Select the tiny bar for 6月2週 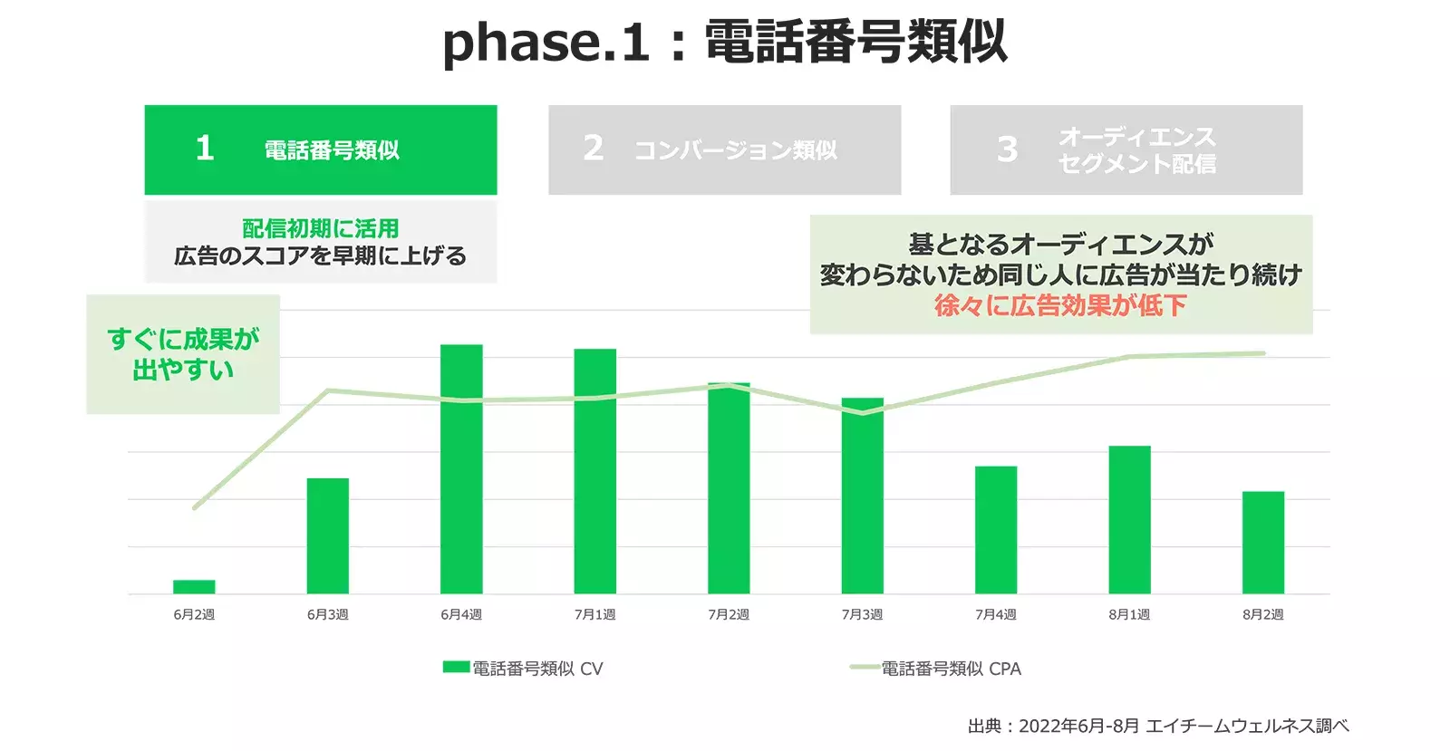(194, 587)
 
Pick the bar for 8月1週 (1129, 520)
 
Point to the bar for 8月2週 (1262, 543)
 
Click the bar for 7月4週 (996, 530)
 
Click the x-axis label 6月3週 (327, 614)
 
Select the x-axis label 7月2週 (729, 614)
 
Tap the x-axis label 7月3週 (862, 614)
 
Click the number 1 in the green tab (205, 149)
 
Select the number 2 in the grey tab (593, 149)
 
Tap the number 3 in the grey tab (1007, 149)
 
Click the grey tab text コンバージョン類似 (735, 150)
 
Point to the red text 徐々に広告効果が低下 (1060, 305)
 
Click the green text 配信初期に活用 (320, 228)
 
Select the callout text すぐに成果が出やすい (183, 354)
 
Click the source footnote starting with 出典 (1157, 726)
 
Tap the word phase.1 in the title (546, 43)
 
